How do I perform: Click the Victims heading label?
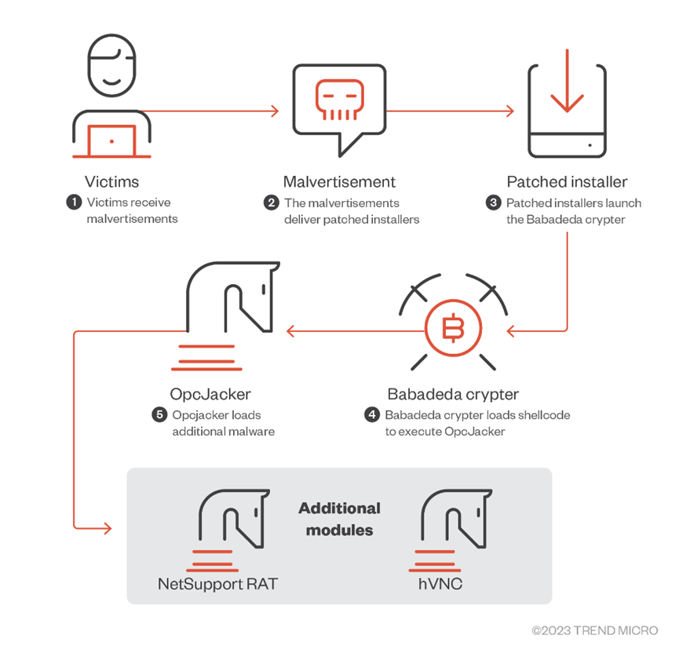111,181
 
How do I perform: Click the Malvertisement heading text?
339,181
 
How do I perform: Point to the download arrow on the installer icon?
567,91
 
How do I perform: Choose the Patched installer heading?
567,181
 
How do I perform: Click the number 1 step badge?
74,202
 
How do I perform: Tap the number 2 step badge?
272,202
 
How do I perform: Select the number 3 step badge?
494,202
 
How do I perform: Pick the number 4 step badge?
372,414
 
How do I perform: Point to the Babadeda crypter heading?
453,393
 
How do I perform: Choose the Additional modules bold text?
339,519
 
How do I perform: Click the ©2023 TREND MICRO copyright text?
594,630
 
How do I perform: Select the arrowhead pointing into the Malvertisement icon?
274,111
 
